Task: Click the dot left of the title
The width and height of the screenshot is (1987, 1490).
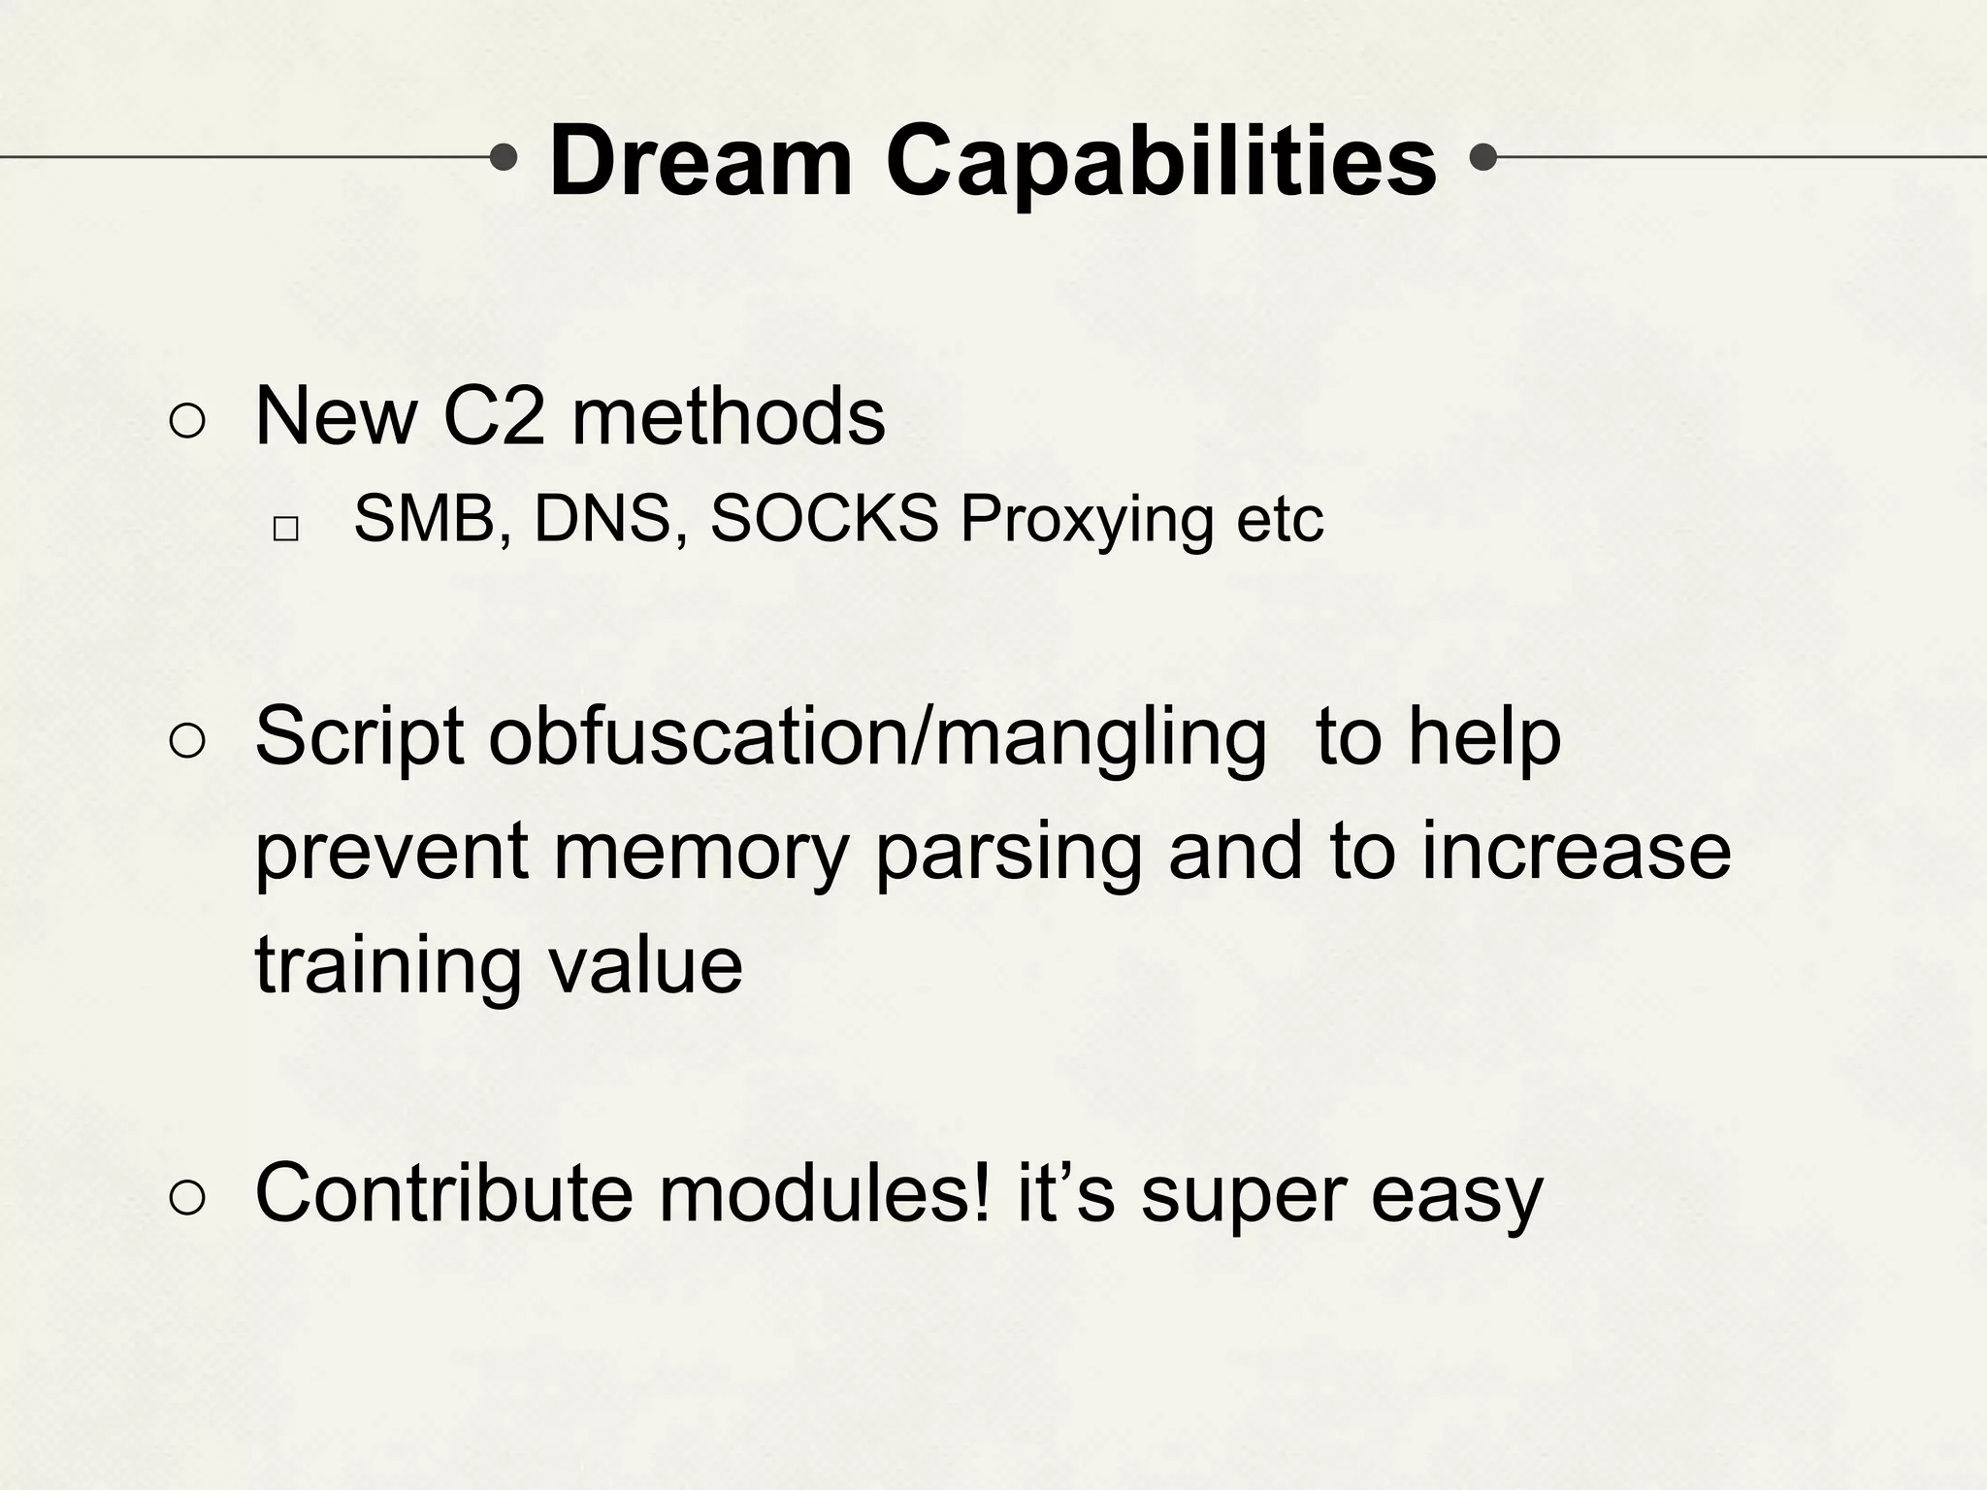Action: (x=504, y=156)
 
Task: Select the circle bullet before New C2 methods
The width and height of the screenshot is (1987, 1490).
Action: (x=186, y=421)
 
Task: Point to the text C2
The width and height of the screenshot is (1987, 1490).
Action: (x=494, y=416)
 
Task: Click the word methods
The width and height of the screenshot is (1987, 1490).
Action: (x=728, y=416)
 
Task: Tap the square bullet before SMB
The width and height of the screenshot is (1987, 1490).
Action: (x=285, y=529)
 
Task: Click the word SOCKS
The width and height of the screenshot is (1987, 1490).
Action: (x=825, y=519)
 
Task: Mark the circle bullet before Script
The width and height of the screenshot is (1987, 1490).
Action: (x=186, y=742)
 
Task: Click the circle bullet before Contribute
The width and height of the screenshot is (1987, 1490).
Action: (x=186, y=1198)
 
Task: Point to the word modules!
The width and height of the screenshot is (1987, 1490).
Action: (x=826, y=1193)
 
